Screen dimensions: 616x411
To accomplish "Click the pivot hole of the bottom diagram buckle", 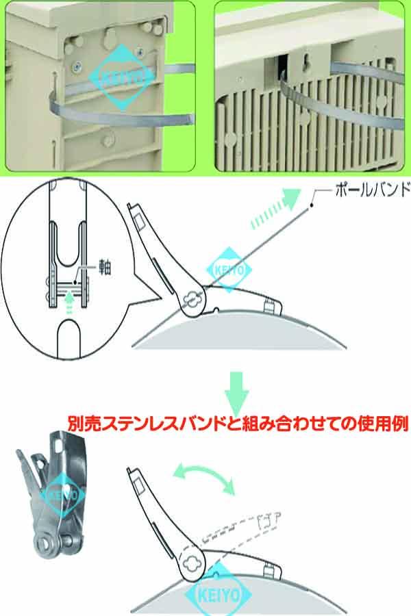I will tap(191, 563).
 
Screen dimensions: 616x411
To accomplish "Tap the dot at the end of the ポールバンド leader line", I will tap(310, 199).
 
